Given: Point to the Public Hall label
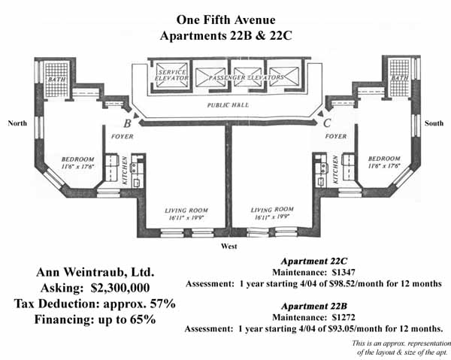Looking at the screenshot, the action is pos(225,107).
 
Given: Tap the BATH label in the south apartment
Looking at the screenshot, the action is pos(400,78).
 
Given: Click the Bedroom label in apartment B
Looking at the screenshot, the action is pos(77,159).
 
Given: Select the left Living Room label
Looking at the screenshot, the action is pos(186,210).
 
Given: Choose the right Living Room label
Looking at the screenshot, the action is pos(272,210).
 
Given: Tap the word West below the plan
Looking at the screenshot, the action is pos(228,247).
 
